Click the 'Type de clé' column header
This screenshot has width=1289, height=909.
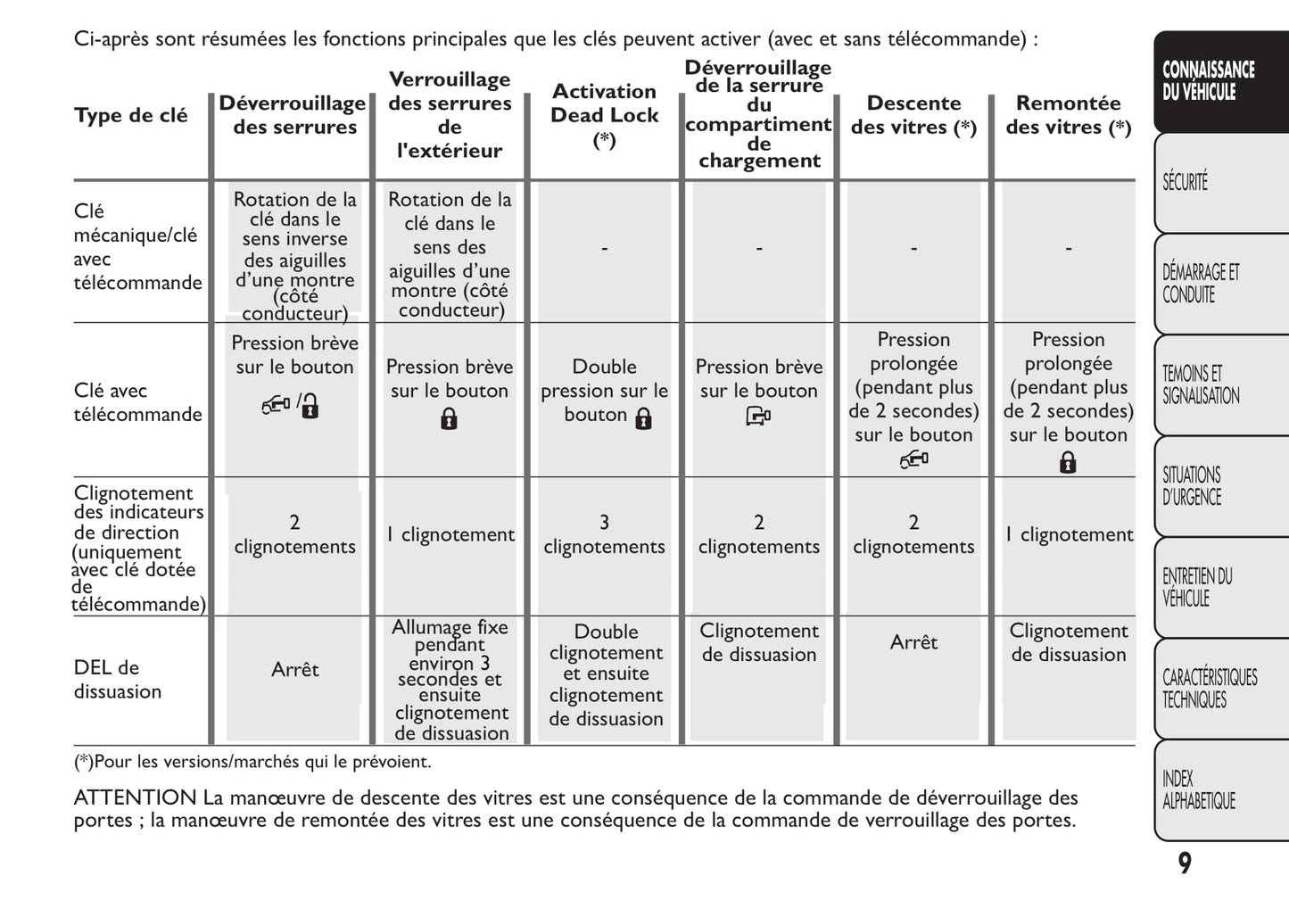tap(131, 115)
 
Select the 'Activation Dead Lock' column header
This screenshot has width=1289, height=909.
tap(604, 115)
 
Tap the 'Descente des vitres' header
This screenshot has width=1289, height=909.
tap(913, 115)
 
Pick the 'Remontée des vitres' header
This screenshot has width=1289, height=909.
tap(1068, 115)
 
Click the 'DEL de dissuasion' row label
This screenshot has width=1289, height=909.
tap(118, 679)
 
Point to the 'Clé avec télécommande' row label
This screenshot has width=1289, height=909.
tap(137, 402)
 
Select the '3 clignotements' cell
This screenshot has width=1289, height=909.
tap(604, 534)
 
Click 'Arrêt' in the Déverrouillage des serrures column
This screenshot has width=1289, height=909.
tap(294, 669)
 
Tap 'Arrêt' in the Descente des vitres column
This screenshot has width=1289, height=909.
tap(913, 642)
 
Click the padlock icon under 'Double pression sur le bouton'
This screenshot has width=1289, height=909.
tap(643, 418)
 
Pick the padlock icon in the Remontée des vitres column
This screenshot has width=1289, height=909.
tap(1068, 462)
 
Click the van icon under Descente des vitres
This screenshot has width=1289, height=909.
tap(913, 459)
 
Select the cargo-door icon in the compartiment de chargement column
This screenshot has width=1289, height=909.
tap(758, 416)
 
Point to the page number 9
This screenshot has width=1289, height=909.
tap(1185, 863)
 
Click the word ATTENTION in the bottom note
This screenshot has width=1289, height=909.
tap(135, 797)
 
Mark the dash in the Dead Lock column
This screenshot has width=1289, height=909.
tap(604, 248)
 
